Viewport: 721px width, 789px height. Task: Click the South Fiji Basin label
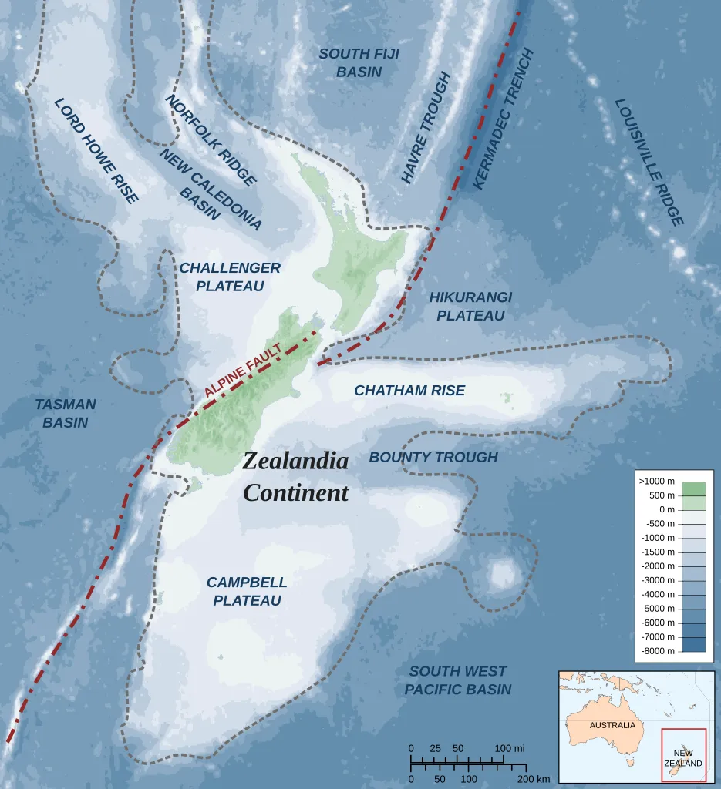click(350, 62)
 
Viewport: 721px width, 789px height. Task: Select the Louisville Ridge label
click(649, 162)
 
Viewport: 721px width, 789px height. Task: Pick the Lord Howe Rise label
click(96, 151)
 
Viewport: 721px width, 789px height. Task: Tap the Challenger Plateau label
click(230, 277)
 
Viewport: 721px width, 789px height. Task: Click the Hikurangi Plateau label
click(470, 306)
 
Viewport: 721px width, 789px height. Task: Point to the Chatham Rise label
click(409, 391)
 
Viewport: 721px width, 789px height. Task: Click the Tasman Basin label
click(66, 413)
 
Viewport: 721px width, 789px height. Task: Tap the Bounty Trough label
click(433, 457)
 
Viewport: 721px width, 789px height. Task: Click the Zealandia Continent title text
click(295, 477)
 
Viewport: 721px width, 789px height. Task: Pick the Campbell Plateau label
click(247, 591)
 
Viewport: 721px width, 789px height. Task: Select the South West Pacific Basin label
click(458, 680)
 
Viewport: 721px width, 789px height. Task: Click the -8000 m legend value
click(657, 650)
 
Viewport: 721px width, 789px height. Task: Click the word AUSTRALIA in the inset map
click(612, 725)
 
